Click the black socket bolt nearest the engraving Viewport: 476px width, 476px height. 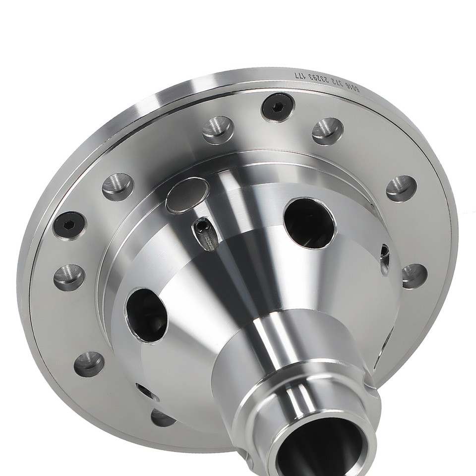click(x=278, y=107)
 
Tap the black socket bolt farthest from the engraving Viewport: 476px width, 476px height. click(x=69, y=225)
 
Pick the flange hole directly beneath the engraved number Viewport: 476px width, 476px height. click(x=327, y=131)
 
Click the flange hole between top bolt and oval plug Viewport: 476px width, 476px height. click(x=218, y=129)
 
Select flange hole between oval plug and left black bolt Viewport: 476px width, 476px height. click(x=118, y=186)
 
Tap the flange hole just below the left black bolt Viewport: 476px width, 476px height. click(x=69, y=277)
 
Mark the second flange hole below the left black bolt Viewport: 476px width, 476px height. click(x=89, y=364)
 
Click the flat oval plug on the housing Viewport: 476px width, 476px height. click(x=187, y=195)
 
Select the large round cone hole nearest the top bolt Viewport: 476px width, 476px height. click(x=309, y=223)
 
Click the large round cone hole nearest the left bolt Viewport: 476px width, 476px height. click(x=147, y=315)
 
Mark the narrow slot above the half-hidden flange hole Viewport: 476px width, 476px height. click(x=147, y=392)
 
